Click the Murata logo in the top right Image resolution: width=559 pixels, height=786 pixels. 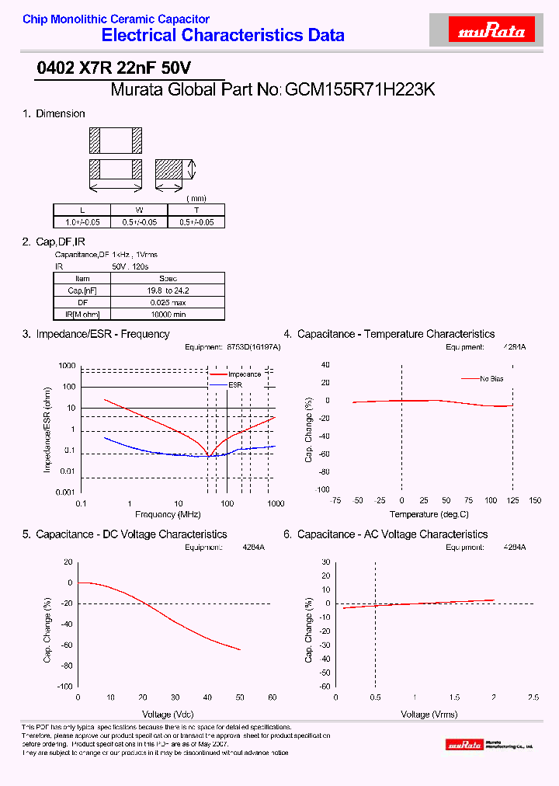tap(492, 31)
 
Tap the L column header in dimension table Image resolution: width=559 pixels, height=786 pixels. tap(82, 210)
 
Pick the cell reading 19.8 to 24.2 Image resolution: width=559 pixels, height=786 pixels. tap(168, 290)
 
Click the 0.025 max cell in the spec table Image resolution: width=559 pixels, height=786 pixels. tap(168, 302)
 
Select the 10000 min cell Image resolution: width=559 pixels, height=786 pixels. tap(168, 314)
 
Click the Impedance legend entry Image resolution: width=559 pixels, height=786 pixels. tap(244, 374)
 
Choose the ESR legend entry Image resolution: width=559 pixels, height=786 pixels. tap(236, 384)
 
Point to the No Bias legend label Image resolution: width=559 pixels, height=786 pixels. tap(491, 379)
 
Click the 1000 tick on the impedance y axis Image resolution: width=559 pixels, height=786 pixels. tap(67, 366)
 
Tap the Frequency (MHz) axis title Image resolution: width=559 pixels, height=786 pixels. tap(168, 515)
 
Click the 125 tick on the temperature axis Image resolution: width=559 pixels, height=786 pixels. tap(512, 501)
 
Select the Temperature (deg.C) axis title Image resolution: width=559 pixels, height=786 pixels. tap(429, 515)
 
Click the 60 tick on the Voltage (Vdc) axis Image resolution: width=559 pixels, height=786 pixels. tap(272, 697)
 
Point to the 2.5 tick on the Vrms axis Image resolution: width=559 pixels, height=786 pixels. tap(533, 697)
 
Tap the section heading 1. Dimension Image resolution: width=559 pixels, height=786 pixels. tap(54, 113)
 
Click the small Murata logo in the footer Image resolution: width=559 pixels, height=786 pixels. tap(489, 745)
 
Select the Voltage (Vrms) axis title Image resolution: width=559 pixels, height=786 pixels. tap(429, 714)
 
